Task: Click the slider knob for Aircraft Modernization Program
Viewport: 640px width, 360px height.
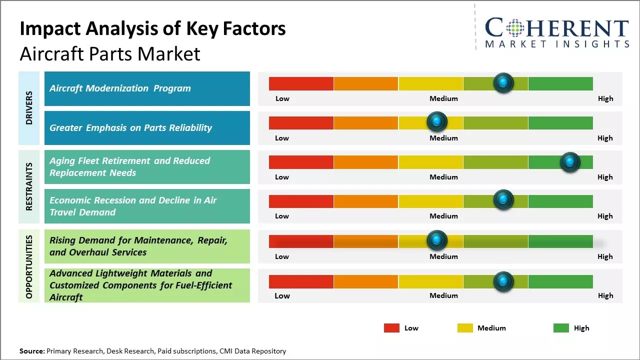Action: [503, 82]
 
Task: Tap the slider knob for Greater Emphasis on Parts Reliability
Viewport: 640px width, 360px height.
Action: [437, 121]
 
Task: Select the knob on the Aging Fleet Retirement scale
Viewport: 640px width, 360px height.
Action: [570, 161]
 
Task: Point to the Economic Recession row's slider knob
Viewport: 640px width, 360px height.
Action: [503, 200]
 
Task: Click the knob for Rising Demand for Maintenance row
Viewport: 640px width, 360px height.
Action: [437, 240]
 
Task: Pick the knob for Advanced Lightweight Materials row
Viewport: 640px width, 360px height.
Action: [503, 281]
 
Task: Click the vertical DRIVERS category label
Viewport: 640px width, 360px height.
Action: [29, 107]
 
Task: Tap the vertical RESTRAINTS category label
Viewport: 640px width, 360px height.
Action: [29, 186]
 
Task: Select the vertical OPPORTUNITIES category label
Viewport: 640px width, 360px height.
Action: [29, 266]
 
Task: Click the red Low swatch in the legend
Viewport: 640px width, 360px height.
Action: [391, 328]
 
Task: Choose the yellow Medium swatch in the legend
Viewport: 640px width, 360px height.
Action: [465, 328]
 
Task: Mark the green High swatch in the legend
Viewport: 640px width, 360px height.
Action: [561, 328]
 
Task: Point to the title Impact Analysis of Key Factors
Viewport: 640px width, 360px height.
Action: [152, 28]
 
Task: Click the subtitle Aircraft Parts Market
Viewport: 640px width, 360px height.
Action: [110, 53]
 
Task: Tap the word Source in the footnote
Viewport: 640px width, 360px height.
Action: [31, 351]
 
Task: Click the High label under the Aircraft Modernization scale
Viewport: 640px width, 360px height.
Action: [605, 98]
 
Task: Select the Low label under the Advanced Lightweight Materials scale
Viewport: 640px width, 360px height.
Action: [282, 295]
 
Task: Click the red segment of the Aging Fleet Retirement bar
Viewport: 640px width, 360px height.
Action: [301, 162]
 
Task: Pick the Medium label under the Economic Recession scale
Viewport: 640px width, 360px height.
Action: [443, 216]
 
